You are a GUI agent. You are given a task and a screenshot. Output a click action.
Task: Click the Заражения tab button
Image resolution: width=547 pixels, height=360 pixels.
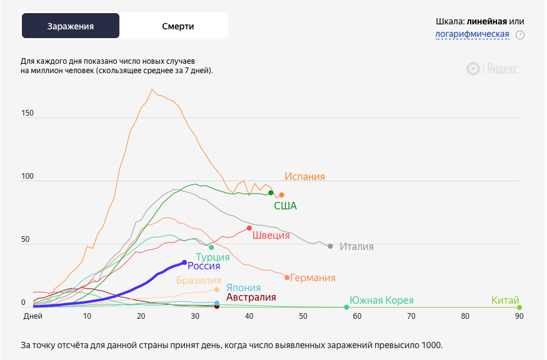tap(71, 26)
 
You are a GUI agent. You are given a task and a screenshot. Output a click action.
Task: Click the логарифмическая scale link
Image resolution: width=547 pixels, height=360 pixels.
tap(473, 34)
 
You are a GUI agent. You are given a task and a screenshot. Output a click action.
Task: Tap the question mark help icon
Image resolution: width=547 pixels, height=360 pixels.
tap(520, 35)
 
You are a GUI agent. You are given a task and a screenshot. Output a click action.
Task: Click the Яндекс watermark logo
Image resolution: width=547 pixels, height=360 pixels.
tap(493, 69)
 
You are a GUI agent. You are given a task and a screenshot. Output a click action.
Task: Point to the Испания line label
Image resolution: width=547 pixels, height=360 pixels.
tap(304, 177)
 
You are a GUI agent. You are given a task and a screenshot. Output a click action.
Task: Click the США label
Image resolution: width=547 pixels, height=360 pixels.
tap(285, 206)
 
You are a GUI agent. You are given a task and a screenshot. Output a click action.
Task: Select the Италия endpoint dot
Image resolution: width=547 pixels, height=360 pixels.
tap(331, 246)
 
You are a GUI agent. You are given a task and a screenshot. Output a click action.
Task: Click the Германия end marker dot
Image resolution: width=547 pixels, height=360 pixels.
tap(287, 277)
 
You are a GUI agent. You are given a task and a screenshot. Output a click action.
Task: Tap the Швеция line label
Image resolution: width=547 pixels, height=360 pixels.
tap(272, 235)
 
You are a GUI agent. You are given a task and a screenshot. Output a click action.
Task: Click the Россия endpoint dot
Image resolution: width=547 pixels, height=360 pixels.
tap(184, 262)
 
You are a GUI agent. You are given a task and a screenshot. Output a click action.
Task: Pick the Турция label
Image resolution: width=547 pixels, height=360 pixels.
tap(213, 257)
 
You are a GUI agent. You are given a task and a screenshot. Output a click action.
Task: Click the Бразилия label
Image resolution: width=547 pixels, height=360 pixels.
tap(198, 281)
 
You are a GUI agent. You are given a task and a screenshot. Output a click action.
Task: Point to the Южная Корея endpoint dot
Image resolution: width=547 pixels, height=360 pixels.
tap(346, 307)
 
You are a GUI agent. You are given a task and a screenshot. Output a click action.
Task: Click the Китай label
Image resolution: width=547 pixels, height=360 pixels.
tap(506, 301)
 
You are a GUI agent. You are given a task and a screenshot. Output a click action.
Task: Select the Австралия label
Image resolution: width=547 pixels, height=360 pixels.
tap(251, 297)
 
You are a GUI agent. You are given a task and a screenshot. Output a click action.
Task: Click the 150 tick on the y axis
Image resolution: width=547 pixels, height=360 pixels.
tap(28, 114)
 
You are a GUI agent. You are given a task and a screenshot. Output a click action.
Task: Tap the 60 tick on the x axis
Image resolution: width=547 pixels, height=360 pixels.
tap(357, 317)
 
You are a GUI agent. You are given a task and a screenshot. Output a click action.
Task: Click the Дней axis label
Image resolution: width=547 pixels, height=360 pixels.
tap(33, 317)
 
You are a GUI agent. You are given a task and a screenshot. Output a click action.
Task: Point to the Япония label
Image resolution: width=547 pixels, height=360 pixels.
tap(243, 287)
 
